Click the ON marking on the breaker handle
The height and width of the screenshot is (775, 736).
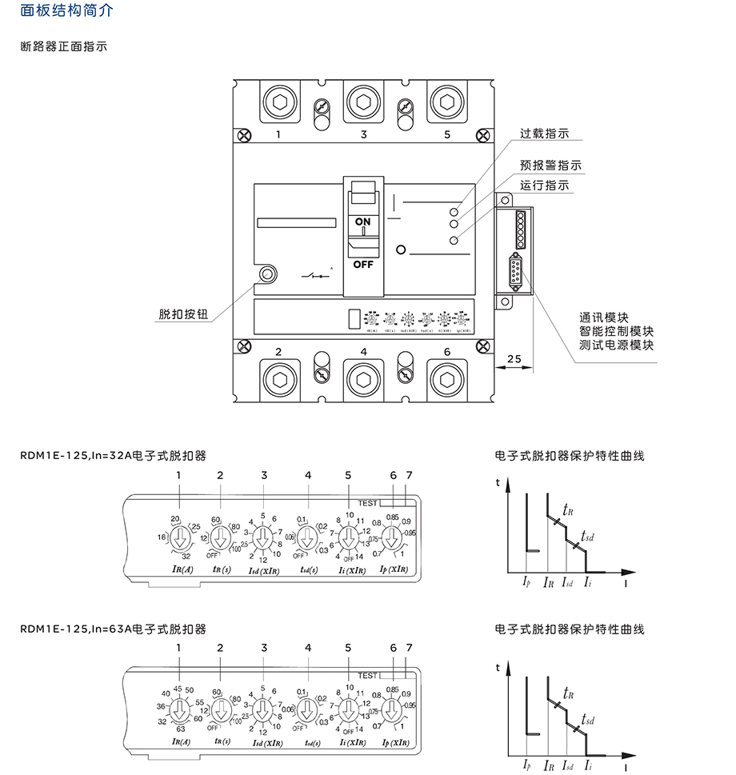click(363, 221)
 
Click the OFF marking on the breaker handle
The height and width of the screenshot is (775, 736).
click(363, 263)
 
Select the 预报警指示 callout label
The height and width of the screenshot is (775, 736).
click(550, 166)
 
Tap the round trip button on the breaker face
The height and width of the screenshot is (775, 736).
click(267, 275)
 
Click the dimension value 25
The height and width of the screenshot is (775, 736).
click(514, 359)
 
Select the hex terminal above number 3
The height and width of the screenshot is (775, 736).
click(363, 102)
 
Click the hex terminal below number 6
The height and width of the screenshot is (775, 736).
click(446, 378)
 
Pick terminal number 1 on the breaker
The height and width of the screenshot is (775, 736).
click(278, 134)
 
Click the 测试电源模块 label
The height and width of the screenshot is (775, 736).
click(617, 346)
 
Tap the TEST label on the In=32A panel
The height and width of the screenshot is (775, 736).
click(368, 503)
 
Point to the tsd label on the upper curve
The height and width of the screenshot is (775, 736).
click(588, 536)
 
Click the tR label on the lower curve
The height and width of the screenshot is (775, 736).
click(567, 693)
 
